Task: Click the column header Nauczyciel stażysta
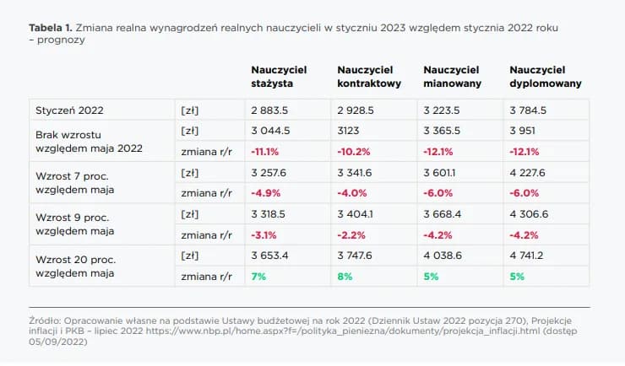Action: (278, 77)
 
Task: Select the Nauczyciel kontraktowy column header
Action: (368, 77)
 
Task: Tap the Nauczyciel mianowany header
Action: (452, 77)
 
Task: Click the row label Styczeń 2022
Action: (69, 110)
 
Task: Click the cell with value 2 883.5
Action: (269, 110)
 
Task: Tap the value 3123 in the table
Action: (350, 131)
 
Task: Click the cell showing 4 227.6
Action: (529, 172)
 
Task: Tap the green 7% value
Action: (258, 275)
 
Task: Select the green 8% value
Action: (344, 275)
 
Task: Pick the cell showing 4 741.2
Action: (529, 255)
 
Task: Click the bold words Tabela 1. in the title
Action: (50, 29)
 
